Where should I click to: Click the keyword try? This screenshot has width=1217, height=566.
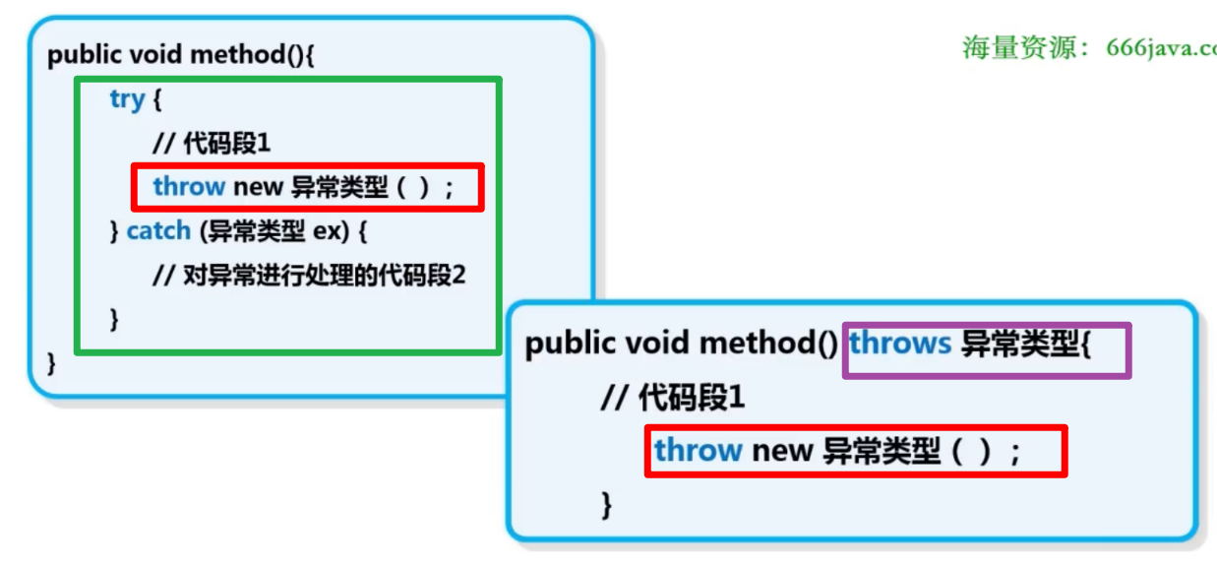127,99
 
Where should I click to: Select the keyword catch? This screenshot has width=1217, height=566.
157,230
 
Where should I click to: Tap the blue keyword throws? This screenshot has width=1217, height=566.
900,343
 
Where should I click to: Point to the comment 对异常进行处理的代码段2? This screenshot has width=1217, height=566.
310,275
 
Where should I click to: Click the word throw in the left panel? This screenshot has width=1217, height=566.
189,186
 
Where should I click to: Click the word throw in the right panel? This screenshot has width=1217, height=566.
698,451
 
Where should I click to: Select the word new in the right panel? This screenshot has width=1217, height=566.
782,451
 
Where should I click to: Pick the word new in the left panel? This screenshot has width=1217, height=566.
258,186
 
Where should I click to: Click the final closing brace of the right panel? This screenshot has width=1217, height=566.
606,505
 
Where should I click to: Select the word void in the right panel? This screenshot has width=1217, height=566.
655,343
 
